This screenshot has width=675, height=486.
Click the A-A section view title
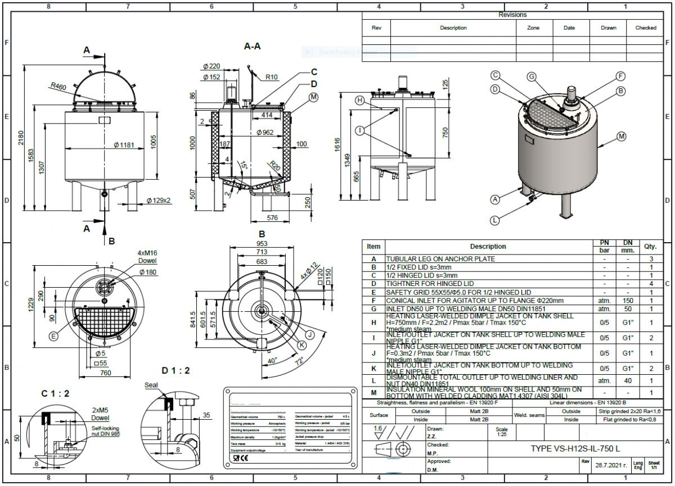252,46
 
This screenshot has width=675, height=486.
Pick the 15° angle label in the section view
243,166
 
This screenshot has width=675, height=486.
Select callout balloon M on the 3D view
621,137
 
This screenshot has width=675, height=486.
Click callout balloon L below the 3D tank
494,220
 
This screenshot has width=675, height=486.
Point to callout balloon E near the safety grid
53,337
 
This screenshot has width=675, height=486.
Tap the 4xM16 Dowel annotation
147,257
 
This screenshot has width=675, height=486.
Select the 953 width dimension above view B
262,244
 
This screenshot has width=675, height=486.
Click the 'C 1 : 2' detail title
55,393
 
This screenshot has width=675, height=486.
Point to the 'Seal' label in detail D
151,385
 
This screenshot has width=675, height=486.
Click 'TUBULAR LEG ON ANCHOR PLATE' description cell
440,259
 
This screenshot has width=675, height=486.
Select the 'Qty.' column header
650,246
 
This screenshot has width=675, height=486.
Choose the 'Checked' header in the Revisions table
645,28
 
